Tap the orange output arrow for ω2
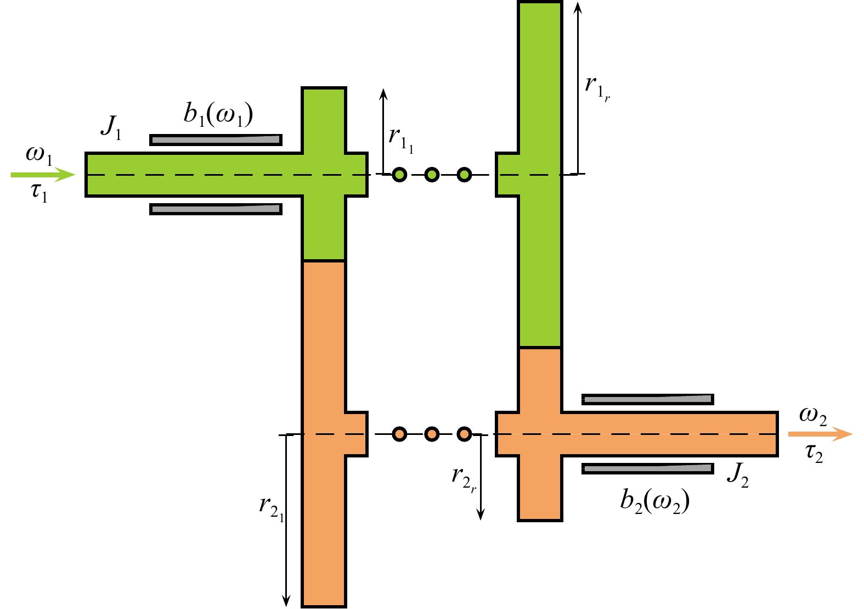820,434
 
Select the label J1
111,127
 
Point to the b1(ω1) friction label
218,114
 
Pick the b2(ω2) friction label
654,501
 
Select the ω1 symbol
39,155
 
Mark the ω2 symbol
813,416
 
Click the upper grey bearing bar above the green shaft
216,140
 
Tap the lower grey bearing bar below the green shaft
216,209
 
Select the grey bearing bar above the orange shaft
647,399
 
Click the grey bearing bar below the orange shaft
647,468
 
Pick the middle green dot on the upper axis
432,175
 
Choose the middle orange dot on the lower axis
432,434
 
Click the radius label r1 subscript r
597,87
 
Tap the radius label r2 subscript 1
272,506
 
